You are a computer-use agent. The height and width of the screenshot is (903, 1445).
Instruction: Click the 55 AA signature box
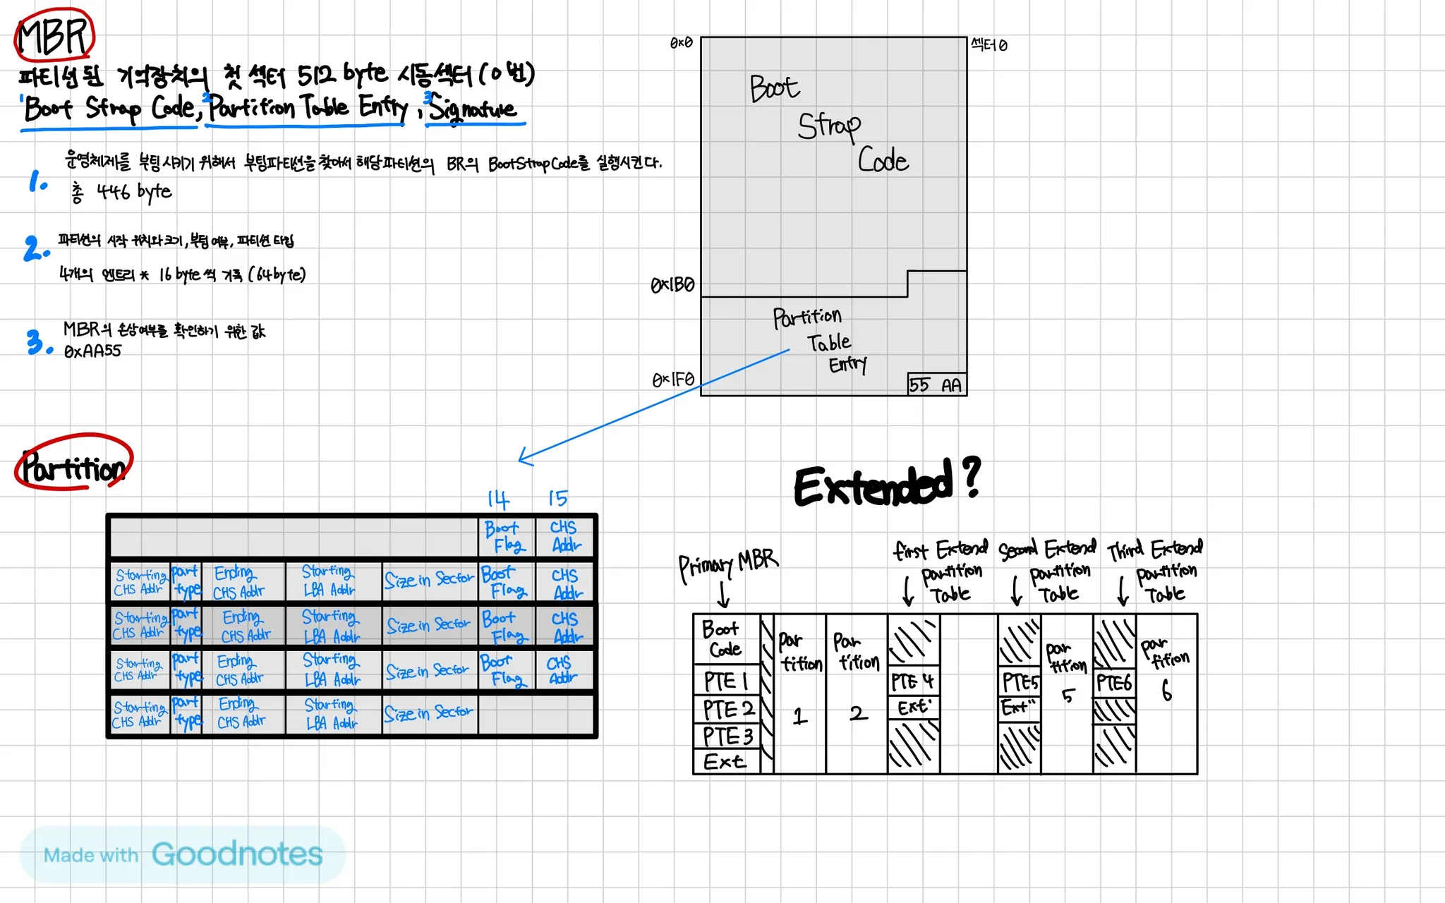coord(936,384)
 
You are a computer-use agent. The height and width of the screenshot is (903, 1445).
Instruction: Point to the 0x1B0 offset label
coord(672,285)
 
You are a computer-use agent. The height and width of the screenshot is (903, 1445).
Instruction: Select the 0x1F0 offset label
coord(673,380)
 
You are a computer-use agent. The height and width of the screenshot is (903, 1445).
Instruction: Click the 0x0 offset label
coord(681,43)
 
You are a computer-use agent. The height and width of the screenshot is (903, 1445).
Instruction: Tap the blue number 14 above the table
coord(498,499)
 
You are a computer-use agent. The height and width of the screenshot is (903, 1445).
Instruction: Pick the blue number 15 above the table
coord(557,498)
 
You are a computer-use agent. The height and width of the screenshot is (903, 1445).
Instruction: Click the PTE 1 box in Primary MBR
coord(726,681)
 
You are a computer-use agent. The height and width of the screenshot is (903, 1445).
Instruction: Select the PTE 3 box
coord(727,737)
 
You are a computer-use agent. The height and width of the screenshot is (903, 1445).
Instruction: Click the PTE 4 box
coord(912,681)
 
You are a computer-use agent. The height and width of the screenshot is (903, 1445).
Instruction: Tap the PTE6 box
coord(1114,683)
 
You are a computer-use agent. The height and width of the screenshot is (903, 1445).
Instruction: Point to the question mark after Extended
coord(972,477)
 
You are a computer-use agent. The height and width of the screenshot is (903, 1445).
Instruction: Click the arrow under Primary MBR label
coord(723,594)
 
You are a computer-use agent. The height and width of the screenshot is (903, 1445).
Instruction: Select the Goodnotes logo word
coord(237,854)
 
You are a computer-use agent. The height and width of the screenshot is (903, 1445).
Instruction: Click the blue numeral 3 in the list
coord(35,342)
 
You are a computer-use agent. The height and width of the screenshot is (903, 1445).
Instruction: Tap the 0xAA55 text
coord(92,351)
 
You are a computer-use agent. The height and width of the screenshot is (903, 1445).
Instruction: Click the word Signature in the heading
coord(473,109)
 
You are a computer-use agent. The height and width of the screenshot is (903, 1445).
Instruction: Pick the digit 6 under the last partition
coord(1166,689)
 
